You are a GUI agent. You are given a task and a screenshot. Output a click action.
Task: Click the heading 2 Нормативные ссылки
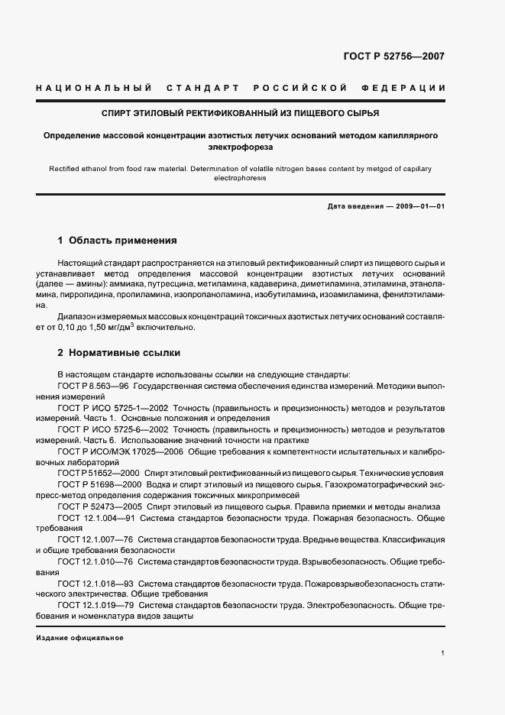tap(118, 354)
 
